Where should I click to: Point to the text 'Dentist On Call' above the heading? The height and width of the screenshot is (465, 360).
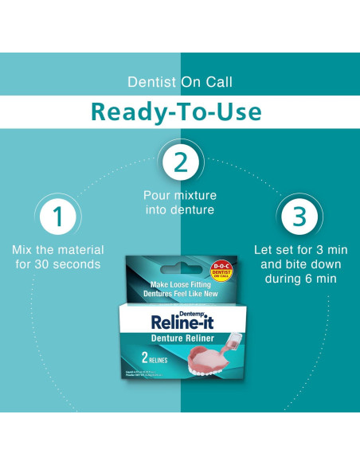pos(180,82)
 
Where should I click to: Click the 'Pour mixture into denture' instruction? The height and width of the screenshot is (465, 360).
pos(180,202)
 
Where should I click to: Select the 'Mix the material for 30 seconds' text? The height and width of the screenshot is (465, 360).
pos(57,256)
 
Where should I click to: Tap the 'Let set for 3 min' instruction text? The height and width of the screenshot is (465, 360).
pos(300,249)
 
